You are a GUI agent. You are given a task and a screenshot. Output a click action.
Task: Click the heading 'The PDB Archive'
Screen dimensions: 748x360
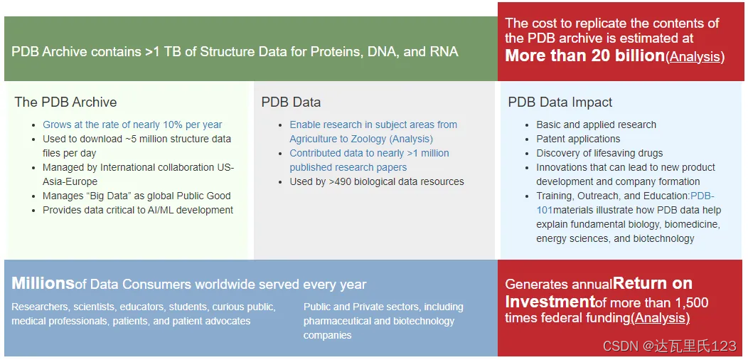(65, 102)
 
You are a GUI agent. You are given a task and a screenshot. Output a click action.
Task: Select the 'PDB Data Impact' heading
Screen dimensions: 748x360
(560, 102)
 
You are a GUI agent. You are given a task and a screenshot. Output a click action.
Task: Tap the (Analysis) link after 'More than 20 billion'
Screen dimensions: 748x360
(695, 57)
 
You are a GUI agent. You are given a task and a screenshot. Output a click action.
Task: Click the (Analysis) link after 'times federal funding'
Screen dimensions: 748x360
(661, 318)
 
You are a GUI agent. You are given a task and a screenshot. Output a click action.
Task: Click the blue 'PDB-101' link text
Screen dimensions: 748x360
(626, 203)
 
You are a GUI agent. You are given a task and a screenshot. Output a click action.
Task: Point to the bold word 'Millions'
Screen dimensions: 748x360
(43, 284)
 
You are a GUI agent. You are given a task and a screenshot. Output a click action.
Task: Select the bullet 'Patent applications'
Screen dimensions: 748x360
(578, 139)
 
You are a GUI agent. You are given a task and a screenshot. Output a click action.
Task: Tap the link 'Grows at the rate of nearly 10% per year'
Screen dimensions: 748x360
(133, 125)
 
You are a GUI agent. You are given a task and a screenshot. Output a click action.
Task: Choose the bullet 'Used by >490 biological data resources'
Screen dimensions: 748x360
(377, 181)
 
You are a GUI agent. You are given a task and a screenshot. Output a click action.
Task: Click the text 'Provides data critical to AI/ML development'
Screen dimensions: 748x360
(138, 210)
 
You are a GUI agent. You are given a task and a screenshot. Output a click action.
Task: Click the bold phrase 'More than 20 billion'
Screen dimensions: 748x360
(585, 56)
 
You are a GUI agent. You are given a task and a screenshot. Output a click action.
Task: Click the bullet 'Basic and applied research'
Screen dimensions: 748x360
(597, 125)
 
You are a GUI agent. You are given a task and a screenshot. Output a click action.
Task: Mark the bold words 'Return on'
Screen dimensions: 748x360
(653, 283)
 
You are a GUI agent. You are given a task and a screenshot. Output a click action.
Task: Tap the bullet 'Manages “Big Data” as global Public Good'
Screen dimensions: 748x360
(137, 196)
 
